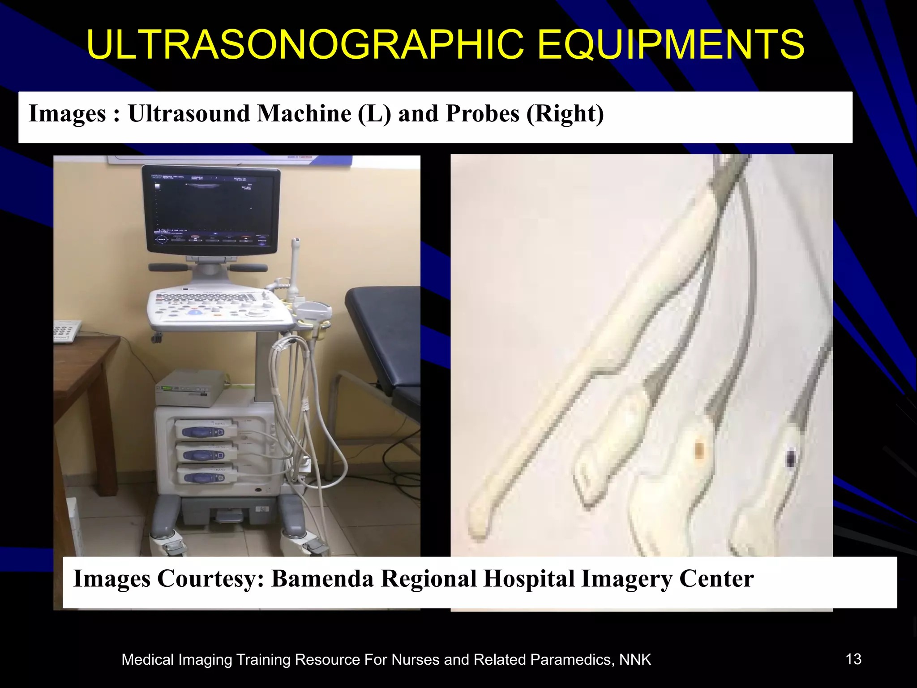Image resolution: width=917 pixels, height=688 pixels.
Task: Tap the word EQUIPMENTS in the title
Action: click(671, 45)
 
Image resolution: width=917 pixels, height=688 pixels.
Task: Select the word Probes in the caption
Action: click(482, 114)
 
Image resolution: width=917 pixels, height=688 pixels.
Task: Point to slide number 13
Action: click(853, 659)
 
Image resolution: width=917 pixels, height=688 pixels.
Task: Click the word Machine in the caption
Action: click(304, 114)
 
